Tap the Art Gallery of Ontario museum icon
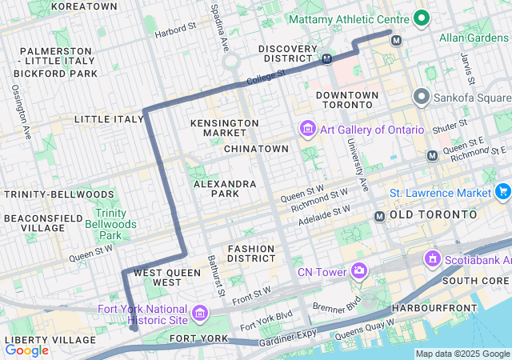pyautogui.click(x=306, y=129)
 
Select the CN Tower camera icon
pyautogui.click(x=358, y=272)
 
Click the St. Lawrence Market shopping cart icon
pyautogui.click(x=502, y=192)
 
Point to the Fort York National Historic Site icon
pyautogui.click(x=198, y=310)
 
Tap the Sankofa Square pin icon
pyautogui.click(x=422, y=97)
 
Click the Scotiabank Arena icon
pyautogui.click(x=433, y=259)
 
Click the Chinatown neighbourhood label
pyautogui.click(x=256, y=149)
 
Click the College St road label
pyautogui.click(x=266, y=77)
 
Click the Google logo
pyautogui.click(x=26, y=350)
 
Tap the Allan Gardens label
pyautogui.click(x=474, y=38)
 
